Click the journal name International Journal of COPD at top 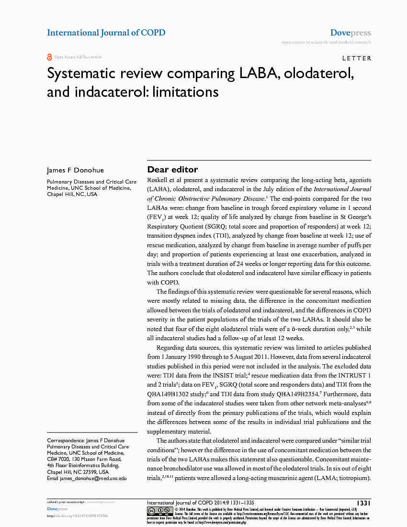coord(106,33)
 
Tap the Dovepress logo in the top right coord(350,33)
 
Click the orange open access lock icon coord(49,57)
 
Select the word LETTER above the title coord(357,58)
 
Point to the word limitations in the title coord(185,92)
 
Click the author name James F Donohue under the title coord(75,170)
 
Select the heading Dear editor coord(172,170)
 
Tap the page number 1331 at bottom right coord(364,503)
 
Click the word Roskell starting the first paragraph coord(158,180)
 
